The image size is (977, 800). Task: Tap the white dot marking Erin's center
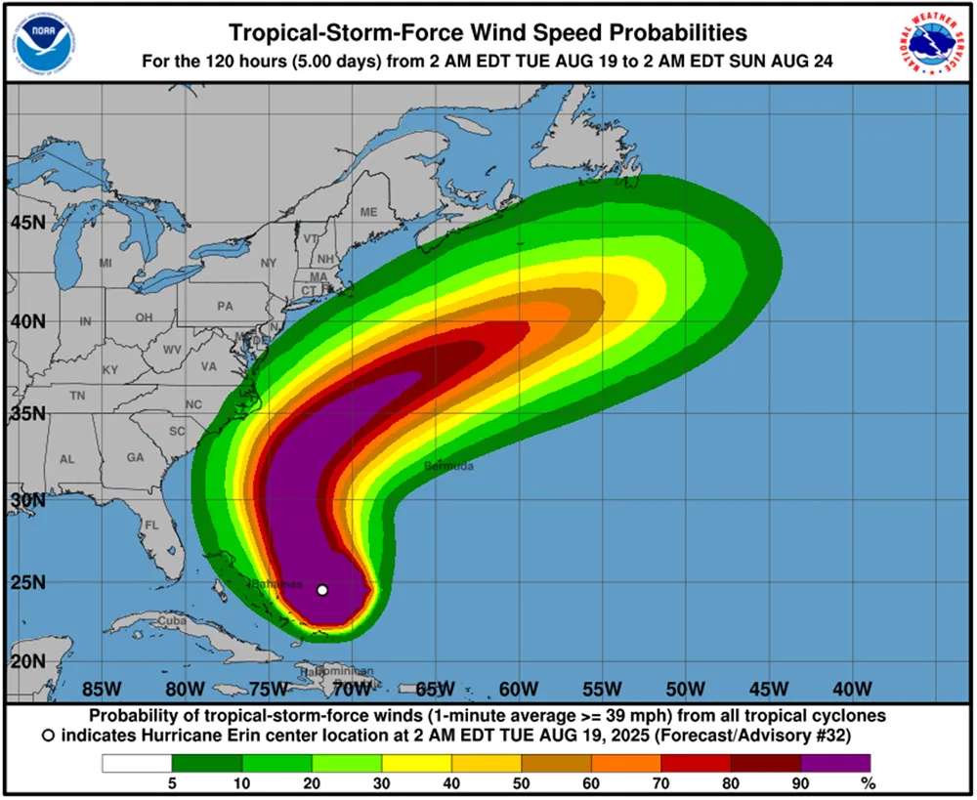(322, 590)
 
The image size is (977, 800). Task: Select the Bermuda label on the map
(448, 467)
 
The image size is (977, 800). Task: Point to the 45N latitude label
(27, 223)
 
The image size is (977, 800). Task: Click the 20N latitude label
(27, 660)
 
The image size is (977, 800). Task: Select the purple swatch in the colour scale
(834, 762)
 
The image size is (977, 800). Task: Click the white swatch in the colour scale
(136, 762)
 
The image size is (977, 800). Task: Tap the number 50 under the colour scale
(521, 782)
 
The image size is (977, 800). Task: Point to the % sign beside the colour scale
(866, 782)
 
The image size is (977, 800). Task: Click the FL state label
(151, 526)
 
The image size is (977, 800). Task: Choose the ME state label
(368, 212)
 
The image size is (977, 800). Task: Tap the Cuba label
(172, 620)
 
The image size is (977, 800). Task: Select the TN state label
(77, 396)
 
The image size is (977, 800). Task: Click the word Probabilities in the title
(659, 34)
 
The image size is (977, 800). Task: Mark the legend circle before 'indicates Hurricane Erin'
(49, 734)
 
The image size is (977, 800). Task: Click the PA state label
(225, 306)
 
